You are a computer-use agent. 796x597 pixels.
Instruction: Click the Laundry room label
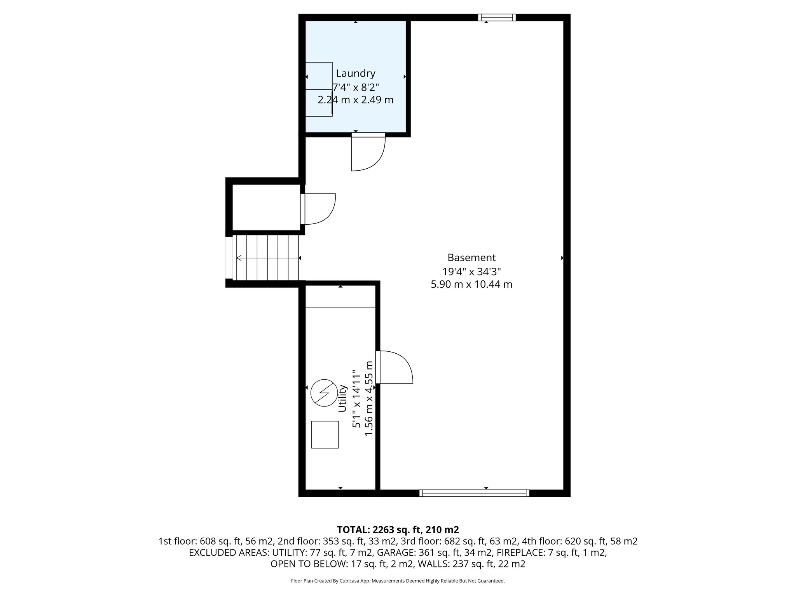coord(355,73)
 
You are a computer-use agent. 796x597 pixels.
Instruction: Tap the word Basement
coord(471,258)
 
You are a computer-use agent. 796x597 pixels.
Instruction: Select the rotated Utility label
coord(342,398)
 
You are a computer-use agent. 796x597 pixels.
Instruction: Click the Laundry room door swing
coord(368,154)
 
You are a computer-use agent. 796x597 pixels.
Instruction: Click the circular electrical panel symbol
coord(324,393)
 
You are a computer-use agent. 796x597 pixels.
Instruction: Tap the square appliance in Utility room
coord(325,435)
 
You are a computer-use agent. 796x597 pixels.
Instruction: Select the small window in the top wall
coord(497,17)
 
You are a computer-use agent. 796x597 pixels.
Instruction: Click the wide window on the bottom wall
coord(474,493)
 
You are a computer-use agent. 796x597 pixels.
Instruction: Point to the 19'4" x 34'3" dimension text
coord(471,271)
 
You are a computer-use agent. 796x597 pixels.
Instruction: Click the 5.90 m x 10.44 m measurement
coord(471,285)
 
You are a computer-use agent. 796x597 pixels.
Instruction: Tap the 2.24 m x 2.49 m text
coord(355,100)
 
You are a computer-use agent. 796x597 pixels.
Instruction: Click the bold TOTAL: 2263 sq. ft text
coord(398,530)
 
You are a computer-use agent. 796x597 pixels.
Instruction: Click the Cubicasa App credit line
coord(398,581)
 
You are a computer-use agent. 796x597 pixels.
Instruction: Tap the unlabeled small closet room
coord(266,208)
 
